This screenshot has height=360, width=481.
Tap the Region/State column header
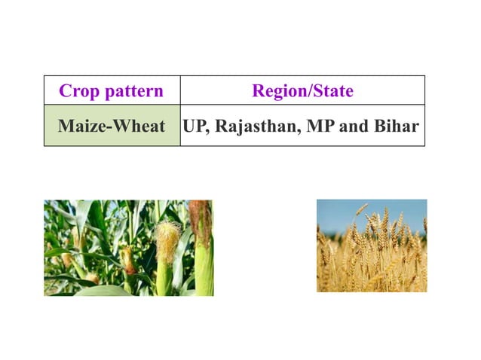(302, 92)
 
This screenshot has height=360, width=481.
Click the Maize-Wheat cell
(112, 126)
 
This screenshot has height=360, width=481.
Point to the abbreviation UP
(193, 126)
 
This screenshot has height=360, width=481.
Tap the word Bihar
(395, 126)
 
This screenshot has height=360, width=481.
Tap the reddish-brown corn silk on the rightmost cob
(201, 218)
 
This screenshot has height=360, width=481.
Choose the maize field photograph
(128, 247)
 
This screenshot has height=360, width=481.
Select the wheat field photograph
(371, 246)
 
